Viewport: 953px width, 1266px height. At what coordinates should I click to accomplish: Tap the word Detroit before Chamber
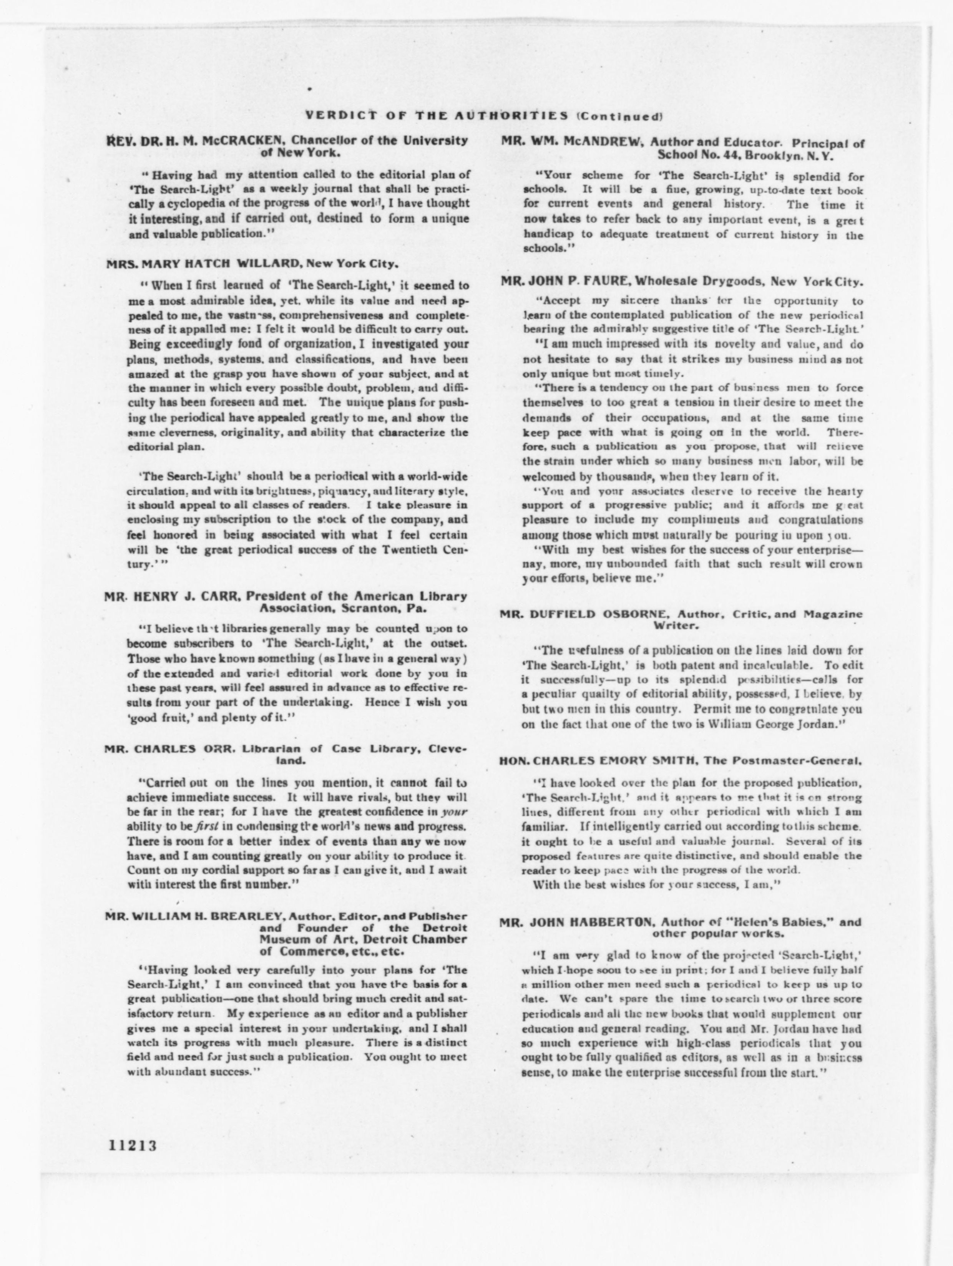[389, 939]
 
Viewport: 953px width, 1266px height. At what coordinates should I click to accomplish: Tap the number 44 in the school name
[734, 155]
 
